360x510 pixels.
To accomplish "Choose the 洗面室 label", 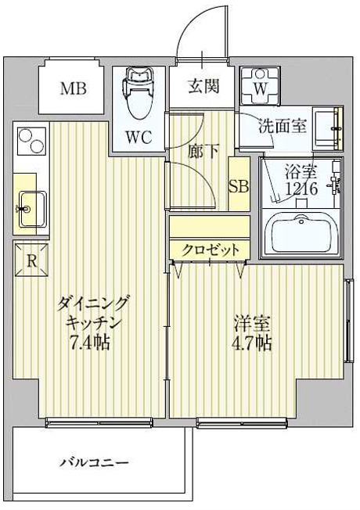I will pyautogui.click(x=283, y=124).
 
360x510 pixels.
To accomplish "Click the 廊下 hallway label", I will pyautogui.click(x=203, y=152).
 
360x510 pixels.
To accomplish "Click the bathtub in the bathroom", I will pyautogui.click(x=300, y=232).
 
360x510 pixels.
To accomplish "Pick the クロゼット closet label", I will pyautogui.click(x=209, y=250).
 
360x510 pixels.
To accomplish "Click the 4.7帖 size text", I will pyautogui.click(x=250, y=343).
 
